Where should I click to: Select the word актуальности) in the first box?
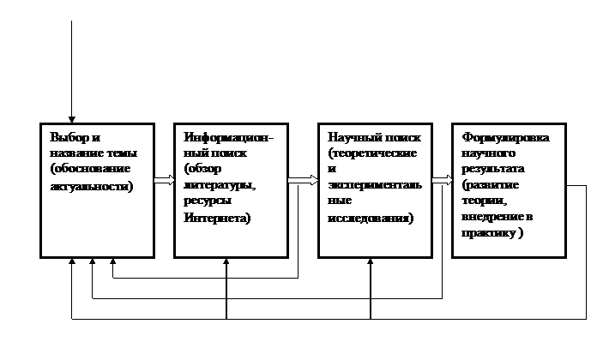[92, 187]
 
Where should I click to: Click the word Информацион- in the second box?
[228, 137]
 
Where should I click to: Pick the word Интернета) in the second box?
[217, 218]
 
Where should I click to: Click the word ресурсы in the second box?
[208, 201]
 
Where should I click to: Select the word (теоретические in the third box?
[372, 153]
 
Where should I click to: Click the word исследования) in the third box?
[371, 219]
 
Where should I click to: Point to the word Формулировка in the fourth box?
[505, 137]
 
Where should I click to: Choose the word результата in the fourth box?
[493, 169]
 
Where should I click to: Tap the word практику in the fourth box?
[488, 233]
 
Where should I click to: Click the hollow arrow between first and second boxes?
[165, 180]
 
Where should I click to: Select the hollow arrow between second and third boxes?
[303, 180]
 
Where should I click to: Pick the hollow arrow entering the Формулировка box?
[443, 180]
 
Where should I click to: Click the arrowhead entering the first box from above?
[71, 120]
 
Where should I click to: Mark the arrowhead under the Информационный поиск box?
[226, 261]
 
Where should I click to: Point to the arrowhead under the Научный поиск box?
[370, 261]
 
